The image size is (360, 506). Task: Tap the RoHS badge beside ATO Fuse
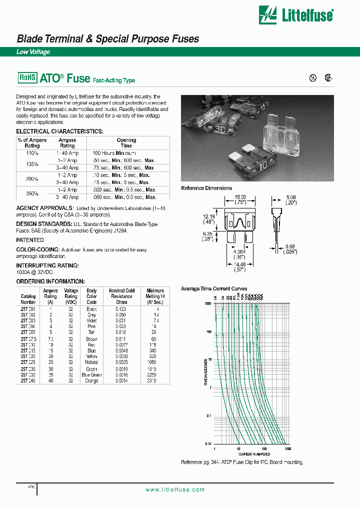[27, 77]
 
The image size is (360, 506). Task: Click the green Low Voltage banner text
[33, 51]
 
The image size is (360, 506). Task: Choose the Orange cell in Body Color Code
[91, 380]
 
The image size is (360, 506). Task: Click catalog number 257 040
[28, 380]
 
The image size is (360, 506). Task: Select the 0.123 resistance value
[121, 309]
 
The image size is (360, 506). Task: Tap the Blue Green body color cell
[91, 374]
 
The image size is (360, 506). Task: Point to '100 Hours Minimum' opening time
[115, 153]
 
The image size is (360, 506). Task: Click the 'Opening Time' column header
[126, 143]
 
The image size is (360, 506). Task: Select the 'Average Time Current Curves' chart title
[214, 289]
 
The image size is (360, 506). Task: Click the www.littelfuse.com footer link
[175, 489]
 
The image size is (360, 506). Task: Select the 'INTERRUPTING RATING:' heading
[47, 265]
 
